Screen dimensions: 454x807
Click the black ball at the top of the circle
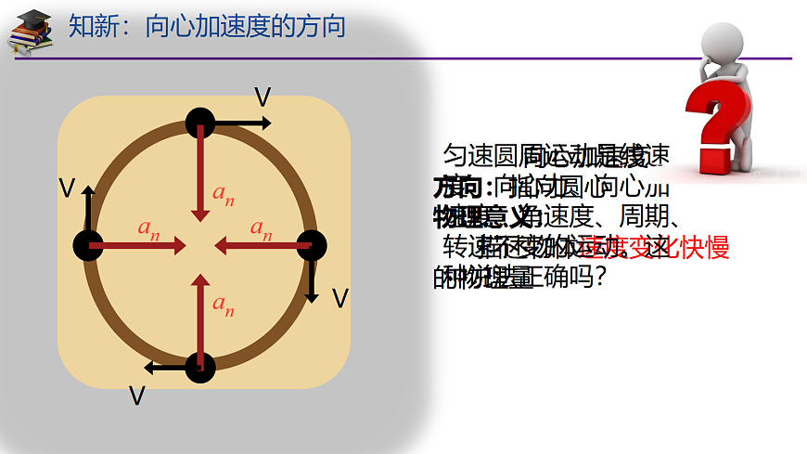point(200,122)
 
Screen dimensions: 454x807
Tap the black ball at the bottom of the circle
point(200,367)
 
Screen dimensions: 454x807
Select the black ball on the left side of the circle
point(88,245)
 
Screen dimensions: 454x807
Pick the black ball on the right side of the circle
point(313,245)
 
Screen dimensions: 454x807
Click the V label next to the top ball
point(263,97)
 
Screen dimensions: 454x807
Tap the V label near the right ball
point(339,298)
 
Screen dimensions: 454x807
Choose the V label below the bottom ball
point(137,396)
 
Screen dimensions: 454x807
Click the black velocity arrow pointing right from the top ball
point(243,123)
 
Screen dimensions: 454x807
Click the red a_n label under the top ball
point(223,194)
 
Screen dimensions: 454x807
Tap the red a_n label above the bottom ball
point(223,303)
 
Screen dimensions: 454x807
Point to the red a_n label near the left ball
point(148,228)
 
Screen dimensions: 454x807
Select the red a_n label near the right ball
point(261,228)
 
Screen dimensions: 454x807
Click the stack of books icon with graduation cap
point(30,32)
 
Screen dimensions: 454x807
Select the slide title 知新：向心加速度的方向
point(207,26)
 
